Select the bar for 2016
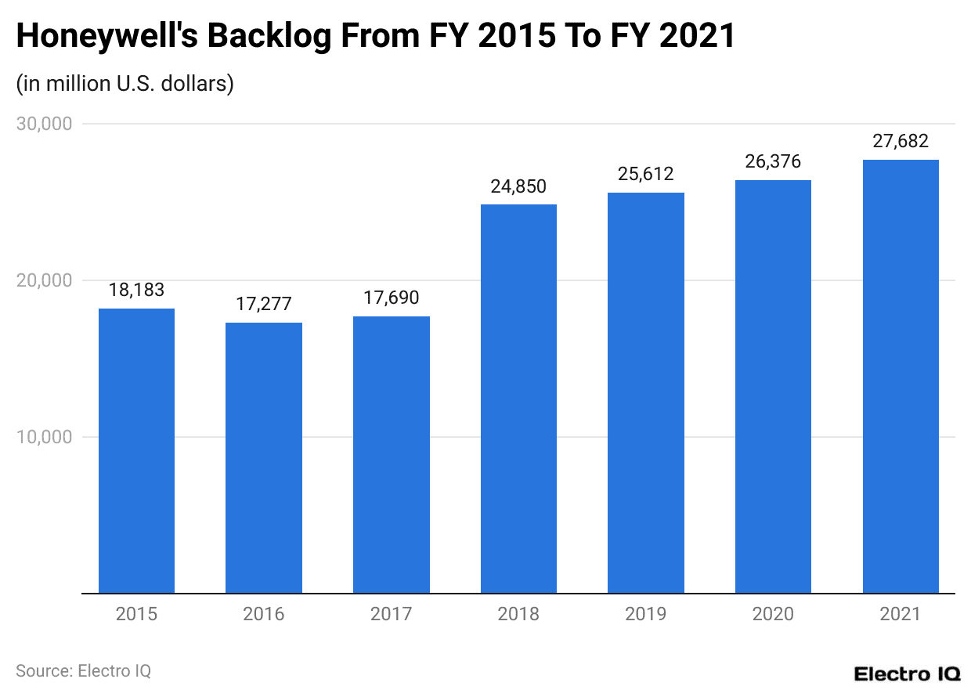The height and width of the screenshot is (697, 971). [264, 458]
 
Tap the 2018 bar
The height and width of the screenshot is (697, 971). [518, 399]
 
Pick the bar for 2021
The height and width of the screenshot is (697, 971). [901, 376]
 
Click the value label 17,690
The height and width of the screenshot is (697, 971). [391, 298]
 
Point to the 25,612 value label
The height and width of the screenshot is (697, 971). [646, 174]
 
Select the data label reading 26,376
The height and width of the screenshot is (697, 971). [773, 162]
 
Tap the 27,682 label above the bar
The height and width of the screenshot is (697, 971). [901, 141]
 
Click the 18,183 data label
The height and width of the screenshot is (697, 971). [136, 290]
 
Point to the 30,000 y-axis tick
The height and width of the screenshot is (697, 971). [44, 124]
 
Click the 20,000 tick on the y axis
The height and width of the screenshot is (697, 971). [44, 280]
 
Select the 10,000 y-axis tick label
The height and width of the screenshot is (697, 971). [44, 437]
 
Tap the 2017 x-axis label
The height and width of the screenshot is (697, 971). [391, 614]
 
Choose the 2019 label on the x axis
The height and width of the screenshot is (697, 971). [646, 614]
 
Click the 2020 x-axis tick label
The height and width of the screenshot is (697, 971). [773, 614]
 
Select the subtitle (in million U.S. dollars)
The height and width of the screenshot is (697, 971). [125, 83]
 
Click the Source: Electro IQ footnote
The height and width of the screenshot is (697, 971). [83, 671]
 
